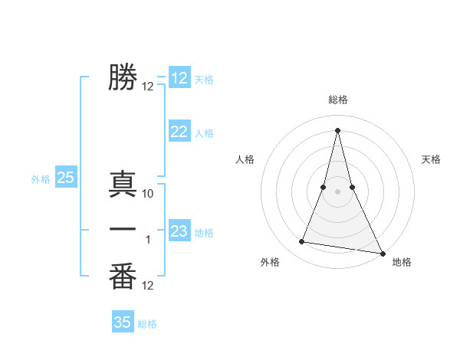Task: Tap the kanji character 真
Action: coord(123,186)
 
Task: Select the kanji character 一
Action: coord(123,230)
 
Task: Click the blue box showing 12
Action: coord(179,78)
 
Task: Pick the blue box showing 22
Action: coord(179,132)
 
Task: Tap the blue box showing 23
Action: coord(179,231)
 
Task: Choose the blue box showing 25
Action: coord(65,178)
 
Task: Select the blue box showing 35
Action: coord(123,322)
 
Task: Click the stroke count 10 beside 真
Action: coord(148,195)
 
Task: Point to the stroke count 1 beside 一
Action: coord(148,240)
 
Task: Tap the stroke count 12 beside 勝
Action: coord(148,87)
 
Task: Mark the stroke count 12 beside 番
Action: coord(148,286)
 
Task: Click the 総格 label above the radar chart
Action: coord(338,100)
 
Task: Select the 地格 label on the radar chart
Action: coord(402,262)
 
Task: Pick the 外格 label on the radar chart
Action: coord(270,262)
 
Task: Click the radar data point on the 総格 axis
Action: coord(337,129)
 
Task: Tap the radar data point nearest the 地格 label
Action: coord(382,254)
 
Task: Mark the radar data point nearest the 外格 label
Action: coord(302,242)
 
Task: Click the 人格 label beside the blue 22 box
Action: coord(204,133)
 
